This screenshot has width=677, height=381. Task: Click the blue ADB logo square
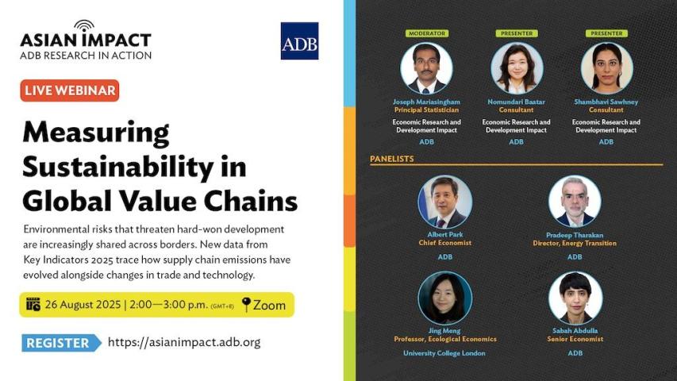tap(299, 41)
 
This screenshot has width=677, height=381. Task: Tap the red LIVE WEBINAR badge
tap(70, 90)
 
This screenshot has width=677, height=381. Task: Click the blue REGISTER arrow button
tap(61, 343)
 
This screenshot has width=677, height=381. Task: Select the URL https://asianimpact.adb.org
tap(184, 342)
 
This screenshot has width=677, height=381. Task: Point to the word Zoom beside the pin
tap(269, 305)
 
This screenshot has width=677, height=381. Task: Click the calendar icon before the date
tap(33, 304)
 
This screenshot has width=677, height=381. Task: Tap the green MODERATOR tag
tap(426, 33)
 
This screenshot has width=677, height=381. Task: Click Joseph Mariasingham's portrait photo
tap(426, 68)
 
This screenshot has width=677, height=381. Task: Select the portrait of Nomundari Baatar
tap(517, 68)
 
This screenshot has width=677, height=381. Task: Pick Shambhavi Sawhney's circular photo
tap(606, 68)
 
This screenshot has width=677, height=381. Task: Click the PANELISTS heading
tap(391, 159)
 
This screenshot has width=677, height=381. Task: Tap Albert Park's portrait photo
tap(444, 202)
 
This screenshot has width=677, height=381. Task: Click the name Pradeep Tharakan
tap(575, 235)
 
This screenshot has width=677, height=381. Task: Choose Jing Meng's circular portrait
tap(444, 298)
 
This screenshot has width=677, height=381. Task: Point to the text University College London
tap(444, 353)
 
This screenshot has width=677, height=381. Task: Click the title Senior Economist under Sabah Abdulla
tap(575, 339)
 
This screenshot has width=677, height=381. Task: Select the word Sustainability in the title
tap(118, 167)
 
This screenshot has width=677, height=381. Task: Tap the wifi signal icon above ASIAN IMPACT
tap(84, 25)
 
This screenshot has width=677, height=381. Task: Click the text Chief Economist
tap(444, 243)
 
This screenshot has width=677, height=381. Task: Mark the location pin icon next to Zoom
tap(246, 304)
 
